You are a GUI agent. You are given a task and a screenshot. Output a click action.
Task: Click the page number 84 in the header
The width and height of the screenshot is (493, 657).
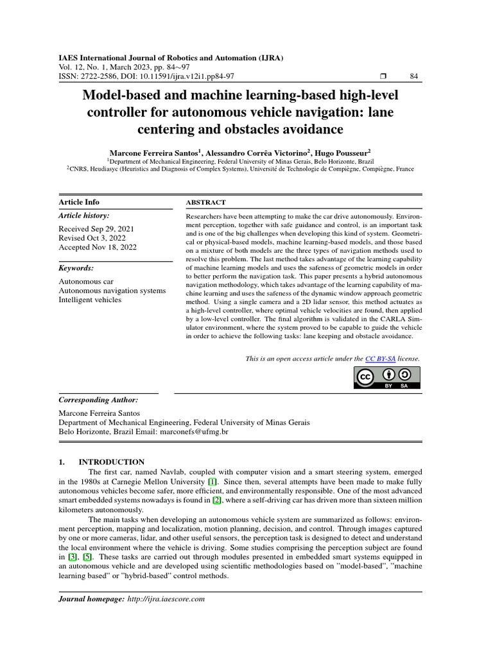[413, 76]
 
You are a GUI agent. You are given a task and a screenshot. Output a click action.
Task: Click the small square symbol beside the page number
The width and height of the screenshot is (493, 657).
[383, 76]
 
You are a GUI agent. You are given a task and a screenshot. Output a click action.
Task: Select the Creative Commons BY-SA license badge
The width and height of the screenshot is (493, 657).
[386, 377]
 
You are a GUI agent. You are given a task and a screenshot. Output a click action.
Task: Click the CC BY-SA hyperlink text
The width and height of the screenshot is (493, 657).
[381, 358]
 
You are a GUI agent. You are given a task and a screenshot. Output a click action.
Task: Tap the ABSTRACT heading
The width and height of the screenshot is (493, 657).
[206, 203]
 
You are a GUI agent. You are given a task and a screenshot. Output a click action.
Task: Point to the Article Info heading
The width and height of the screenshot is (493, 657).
[79, 202]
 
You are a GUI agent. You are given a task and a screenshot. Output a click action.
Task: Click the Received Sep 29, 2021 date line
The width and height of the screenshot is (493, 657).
[96, 228]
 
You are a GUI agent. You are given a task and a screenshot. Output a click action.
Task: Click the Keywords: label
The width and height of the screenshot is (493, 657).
[76, 268]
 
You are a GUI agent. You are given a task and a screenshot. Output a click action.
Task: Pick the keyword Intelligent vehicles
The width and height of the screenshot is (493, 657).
[90, 300]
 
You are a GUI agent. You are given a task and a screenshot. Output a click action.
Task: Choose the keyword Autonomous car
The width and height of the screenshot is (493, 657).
[86, 282]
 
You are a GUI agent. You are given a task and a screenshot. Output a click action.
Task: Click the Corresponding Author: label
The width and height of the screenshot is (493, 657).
[98, 399]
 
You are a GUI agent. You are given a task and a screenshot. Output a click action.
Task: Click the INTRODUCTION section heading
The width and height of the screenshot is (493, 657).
[111, 462]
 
